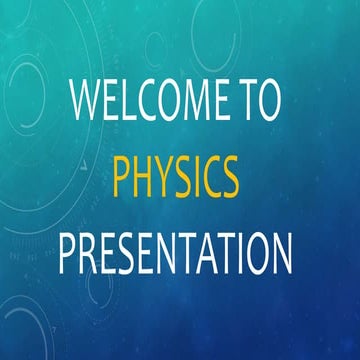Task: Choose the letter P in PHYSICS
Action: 122,180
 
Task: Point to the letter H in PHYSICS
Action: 145,180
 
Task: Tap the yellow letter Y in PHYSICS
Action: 167,180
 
